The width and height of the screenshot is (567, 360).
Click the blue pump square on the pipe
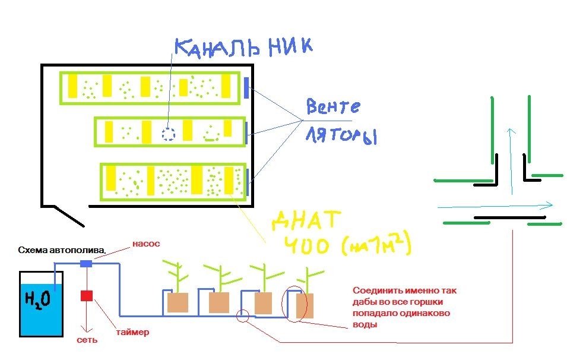point(85,263)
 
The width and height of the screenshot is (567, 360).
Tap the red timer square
point(87,296)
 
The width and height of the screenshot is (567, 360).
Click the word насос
point(146,244)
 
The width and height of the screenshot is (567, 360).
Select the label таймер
point(132,332)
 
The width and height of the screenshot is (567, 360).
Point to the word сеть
point(87,340)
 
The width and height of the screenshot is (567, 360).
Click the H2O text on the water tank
point(37,300)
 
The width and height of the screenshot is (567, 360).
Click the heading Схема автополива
point(62,250)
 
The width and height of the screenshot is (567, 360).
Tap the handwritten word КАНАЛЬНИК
point(243,47)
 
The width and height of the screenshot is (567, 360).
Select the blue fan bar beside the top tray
point(246,88)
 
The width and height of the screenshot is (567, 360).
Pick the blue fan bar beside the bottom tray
point(248,182)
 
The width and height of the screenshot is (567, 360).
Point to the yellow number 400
point(306,246)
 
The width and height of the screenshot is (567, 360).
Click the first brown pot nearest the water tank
point(178,302)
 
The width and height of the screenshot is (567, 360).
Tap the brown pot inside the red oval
point(305,306)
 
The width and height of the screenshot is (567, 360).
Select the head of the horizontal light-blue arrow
point(549,205)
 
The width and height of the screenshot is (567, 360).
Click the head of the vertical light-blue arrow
point(511,131)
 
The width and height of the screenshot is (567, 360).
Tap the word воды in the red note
point(365,324)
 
